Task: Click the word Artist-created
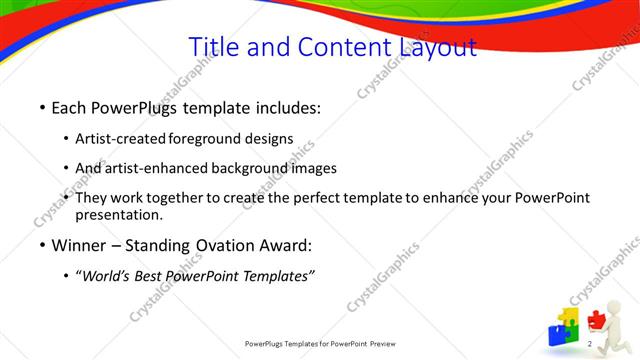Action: click(x=121, y=139)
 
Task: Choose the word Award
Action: click(x=287, y=246)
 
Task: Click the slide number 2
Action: click(x=591, y=345)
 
